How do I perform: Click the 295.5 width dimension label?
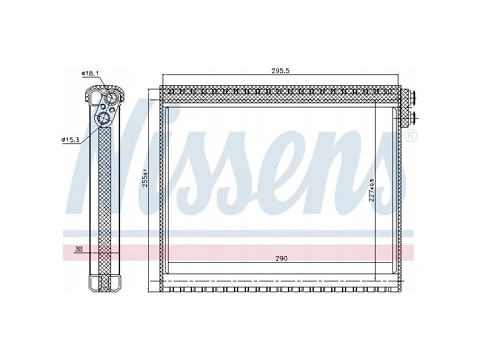tap(280, 71)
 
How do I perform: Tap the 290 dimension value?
tap(281, 259)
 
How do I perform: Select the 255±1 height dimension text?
tap(145, 178)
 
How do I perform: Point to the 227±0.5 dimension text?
tap(371, 190)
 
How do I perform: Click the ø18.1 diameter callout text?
tap(90, 73)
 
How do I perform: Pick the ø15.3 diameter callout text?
tap(71, 140)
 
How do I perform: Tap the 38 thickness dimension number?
tap(79, 249)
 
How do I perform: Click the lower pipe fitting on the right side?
tap(413, 118)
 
